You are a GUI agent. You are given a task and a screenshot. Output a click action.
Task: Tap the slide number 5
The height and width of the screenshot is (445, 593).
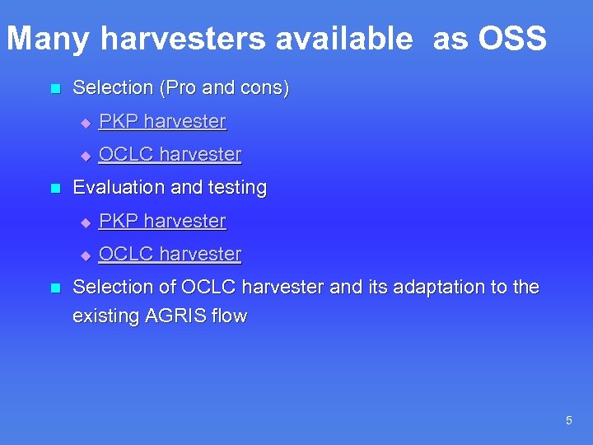(x=568, y=421)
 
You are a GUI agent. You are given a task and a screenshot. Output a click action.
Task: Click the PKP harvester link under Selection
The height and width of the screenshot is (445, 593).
(x=162, y=121)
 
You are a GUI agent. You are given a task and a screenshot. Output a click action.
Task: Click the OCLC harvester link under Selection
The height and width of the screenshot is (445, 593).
(x=170, y=154)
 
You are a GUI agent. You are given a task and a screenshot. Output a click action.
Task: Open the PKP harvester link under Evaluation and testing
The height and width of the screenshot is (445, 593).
(x=162, y=221)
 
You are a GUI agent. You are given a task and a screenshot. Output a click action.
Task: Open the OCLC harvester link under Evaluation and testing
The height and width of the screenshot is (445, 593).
(x=170, y=254)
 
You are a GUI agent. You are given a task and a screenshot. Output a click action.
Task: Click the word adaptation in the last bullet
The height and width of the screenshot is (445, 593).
(x=425, y=288)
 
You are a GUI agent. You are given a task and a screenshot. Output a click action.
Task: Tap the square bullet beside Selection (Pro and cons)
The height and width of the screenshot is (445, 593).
(x=55, y=88)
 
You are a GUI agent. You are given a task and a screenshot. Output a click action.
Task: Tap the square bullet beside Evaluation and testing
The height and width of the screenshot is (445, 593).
(x=55, y=188)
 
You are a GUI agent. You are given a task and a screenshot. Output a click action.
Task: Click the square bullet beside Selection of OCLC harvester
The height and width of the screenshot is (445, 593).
(x=55, y=288)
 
